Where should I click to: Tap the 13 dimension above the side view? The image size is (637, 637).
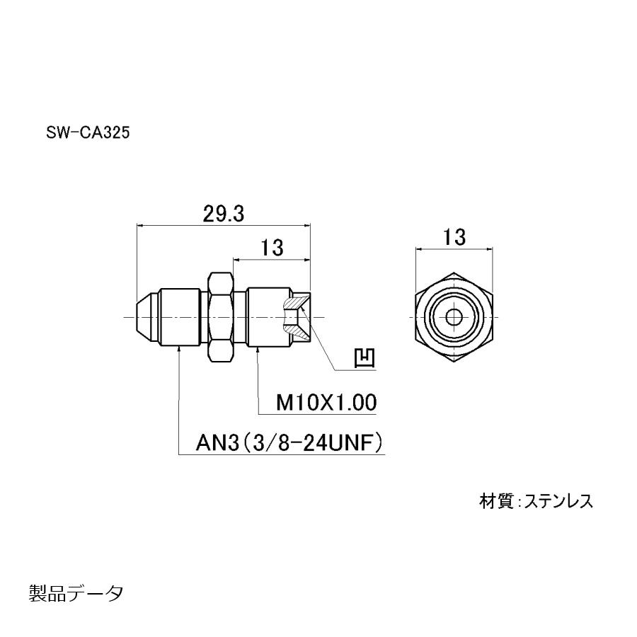click(x=272, y=248)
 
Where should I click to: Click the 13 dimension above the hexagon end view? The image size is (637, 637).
click(x=454, y=238)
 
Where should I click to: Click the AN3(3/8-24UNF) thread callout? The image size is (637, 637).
click(x=289, y=444)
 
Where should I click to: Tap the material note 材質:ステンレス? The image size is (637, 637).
click(x=536, y=501)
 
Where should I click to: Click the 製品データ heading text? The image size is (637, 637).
click(x=76, y=592)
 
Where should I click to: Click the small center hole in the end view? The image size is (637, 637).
click(x=454, y=317)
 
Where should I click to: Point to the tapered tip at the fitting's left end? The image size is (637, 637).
click(x=144, y=317)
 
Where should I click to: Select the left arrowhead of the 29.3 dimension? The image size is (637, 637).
click(x=139, y=226)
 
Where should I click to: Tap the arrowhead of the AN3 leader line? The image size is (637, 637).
click(x=178, y=348)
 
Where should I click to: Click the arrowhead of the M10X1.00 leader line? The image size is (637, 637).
click(x=256, y=348)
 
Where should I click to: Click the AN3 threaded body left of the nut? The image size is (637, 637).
click(x=181, y=317)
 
